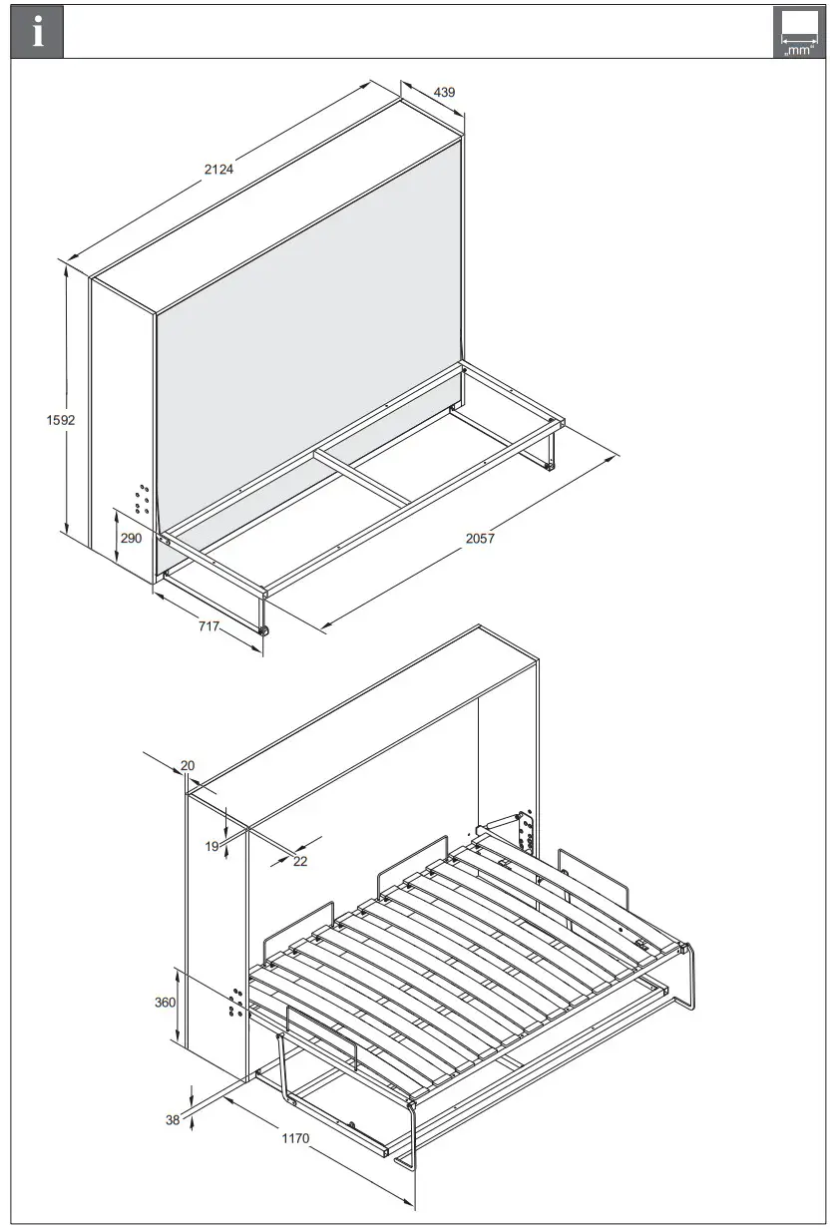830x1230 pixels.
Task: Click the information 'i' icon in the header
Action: (37, 32)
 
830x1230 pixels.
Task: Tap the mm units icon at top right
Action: (798, 33)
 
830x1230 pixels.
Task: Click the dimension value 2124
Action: (218, 169)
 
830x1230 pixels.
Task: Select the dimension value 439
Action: (444, 92)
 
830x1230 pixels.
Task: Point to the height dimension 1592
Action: (61, 420)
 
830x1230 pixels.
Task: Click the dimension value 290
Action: (131, 538)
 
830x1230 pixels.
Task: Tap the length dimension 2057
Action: (480, 538)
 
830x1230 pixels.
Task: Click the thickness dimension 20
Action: (188, 766)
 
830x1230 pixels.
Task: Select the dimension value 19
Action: (211, 846)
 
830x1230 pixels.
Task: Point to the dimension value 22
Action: (300, 861)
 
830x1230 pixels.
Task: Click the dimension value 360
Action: (164, 1003)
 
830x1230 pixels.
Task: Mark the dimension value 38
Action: (173, 1120)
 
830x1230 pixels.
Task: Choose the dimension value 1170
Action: (295, 1138)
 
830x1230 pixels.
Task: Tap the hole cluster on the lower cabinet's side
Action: (236, 1004)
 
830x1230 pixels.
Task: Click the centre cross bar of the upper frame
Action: (363, 477)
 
